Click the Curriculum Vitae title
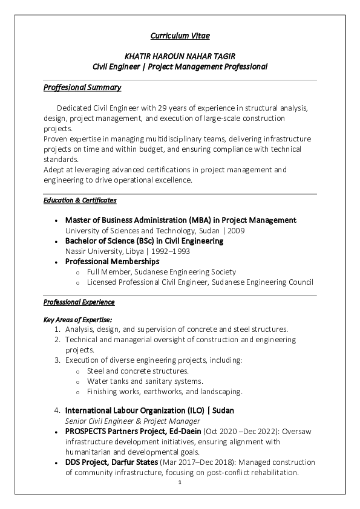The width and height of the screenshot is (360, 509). coord(180,36)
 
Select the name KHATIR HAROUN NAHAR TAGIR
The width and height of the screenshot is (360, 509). coord(180,56)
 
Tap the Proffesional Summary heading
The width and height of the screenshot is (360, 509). coord(83,88)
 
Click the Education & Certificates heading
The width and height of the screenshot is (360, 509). coord(80,199)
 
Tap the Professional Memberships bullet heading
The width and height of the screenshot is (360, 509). coord(112,262)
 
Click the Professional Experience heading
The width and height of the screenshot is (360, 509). coord(79,302)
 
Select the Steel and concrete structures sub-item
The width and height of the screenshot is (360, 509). coord(138,371)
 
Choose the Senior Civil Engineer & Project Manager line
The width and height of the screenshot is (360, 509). coord(133,421)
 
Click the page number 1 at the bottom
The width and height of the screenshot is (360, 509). coord(180,483)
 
